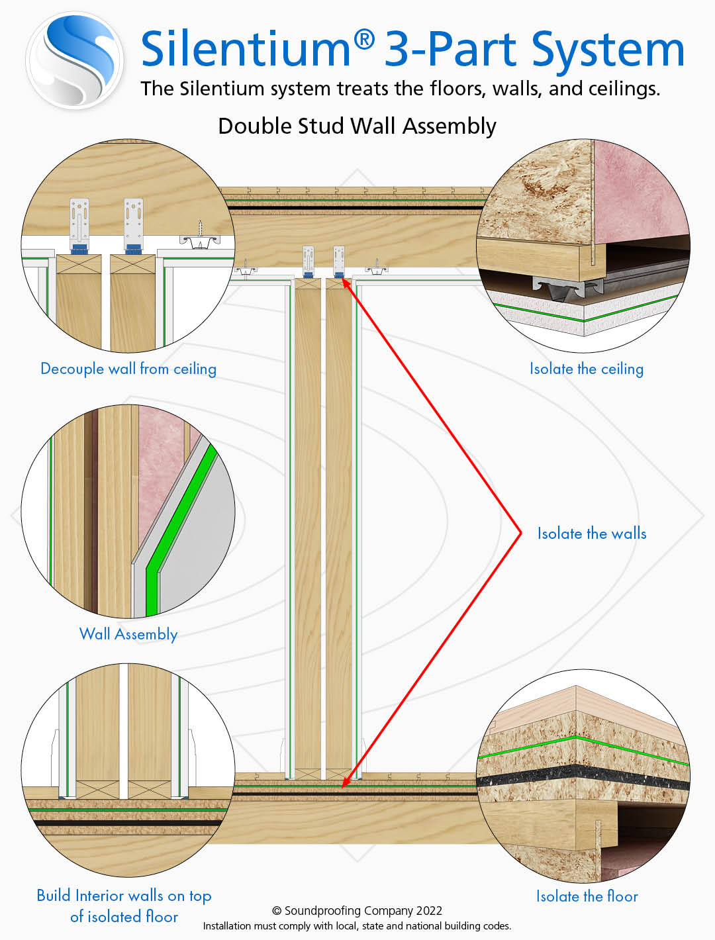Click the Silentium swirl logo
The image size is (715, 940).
pos(74,61)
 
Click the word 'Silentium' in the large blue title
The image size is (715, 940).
pos(245,50)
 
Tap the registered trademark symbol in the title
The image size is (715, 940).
pos(363,40)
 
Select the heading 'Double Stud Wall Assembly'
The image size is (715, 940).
pos(357,126)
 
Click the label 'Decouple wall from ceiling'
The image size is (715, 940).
pos(128,369)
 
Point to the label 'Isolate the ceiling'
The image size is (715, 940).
pos(586,369)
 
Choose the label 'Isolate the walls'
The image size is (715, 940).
pos(591,534)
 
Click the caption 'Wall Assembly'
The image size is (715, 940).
pos(128,634)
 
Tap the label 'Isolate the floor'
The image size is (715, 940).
pos(587,896)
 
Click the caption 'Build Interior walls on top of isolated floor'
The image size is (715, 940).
pos(124,906)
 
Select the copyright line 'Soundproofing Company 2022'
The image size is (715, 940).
pos(357,911)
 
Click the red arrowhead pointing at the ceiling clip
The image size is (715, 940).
pos(345,282)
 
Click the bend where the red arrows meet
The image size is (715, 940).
pos(521,532)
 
